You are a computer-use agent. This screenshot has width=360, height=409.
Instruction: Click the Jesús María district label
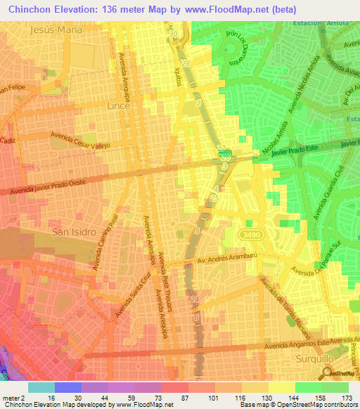[57, 30]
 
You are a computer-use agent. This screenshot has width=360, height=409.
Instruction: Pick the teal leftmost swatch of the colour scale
[41, 387]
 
